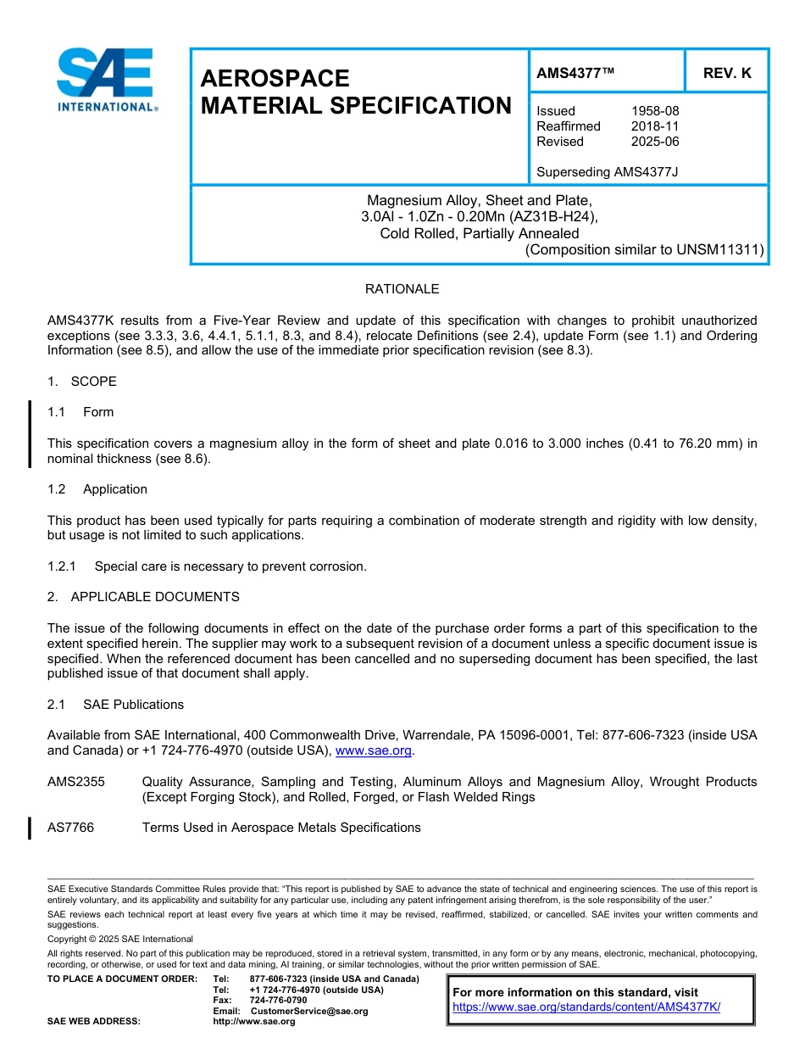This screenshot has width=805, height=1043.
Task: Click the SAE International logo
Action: click(106, 80)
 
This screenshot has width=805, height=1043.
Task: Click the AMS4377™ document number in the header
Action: click(575, 73)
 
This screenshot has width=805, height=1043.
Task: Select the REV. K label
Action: click(726, 73)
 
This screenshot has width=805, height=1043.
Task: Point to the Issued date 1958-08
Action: click(654, 111)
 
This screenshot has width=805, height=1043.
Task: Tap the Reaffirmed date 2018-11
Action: click(654, 126)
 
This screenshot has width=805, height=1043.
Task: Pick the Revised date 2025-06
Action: click(654, 142)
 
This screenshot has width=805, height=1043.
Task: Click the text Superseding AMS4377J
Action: click(607, 172)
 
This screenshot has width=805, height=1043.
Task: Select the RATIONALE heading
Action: click(402, 289)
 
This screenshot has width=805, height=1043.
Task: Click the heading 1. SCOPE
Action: click(82, 382)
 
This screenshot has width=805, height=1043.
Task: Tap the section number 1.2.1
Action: click(64, 566)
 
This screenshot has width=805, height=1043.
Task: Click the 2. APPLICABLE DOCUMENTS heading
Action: click(143, 597)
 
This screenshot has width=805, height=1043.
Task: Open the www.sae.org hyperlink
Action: click(373, 751)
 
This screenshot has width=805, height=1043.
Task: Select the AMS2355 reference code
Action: click(76, 782)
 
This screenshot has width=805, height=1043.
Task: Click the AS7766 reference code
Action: click(71, 828)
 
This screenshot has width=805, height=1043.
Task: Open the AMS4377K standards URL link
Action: click(586, 1007)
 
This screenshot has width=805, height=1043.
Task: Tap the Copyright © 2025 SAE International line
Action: click(120, 939)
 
